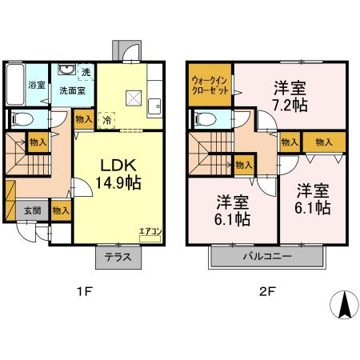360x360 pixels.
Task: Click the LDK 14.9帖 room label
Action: [120, 174]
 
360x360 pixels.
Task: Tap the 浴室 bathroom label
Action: [36, 85]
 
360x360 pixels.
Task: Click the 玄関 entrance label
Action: [30, 210]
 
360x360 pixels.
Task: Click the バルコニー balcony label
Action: [266, 258]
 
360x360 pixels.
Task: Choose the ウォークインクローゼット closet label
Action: [210, 86]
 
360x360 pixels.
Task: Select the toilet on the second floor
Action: [204, 118]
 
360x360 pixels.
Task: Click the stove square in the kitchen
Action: [134, 98]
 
